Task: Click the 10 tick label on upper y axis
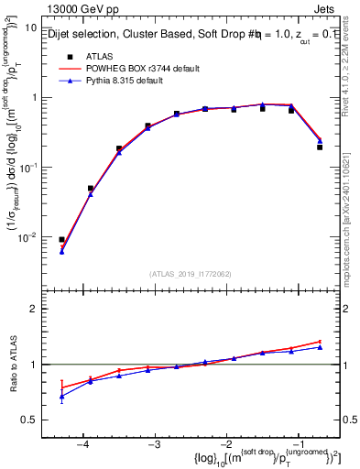[x=30, y=27]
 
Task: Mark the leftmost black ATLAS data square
[x=61, y=239]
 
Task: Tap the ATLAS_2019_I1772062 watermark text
[x=191, y=274]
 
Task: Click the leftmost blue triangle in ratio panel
[x=61, y=397]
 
